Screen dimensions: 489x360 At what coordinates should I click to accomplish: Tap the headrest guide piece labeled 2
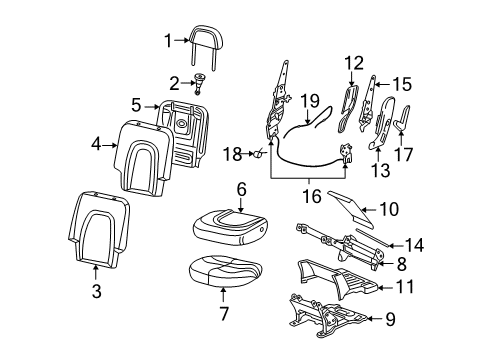click(199, 83)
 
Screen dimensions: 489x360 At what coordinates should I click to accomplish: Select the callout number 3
click(97, 291)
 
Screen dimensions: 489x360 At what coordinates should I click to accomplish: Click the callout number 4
click(96, 144)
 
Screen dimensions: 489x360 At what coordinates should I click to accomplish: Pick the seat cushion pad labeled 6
click(231, 227)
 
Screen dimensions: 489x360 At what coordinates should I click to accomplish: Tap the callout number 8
click(402, 264)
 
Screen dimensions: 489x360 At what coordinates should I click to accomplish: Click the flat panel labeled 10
click(351, 208)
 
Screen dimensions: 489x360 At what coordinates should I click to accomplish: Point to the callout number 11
click(404, 287)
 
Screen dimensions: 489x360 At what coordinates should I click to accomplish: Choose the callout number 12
click(354, 63)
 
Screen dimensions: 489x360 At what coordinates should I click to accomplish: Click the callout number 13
click(380, 170)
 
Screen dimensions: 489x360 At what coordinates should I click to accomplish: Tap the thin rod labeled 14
click(373, 237)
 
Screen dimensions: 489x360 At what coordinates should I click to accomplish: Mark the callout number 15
click(402, 84)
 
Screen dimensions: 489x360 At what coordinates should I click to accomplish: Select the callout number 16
click(312, 196)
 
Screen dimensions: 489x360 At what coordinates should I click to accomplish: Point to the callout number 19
click(310, 100)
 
